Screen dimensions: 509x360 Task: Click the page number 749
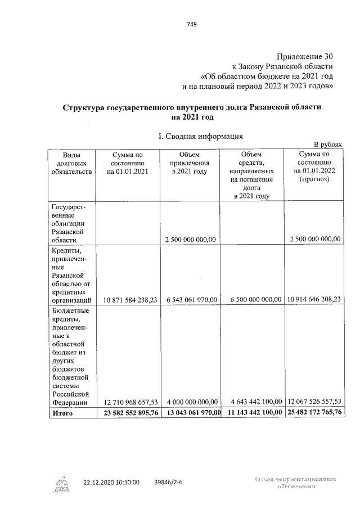click(x=191, y=24)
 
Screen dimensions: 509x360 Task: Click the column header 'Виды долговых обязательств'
click(x=71, y=163)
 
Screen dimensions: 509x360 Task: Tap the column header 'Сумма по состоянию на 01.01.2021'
click(x=127, y=163)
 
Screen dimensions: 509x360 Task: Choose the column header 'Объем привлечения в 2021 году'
click(x=190, y=163)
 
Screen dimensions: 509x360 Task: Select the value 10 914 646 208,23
click(x=314, y=300)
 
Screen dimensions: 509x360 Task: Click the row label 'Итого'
click(x=62, y=413)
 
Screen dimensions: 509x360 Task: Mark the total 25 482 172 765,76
click(x=314, y=413)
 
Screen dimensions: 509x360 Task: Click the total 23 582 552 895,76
click(x=127, y=413)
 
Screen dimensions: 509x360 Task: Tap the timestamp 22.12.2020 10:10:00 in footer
click(x=111, y=482)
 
